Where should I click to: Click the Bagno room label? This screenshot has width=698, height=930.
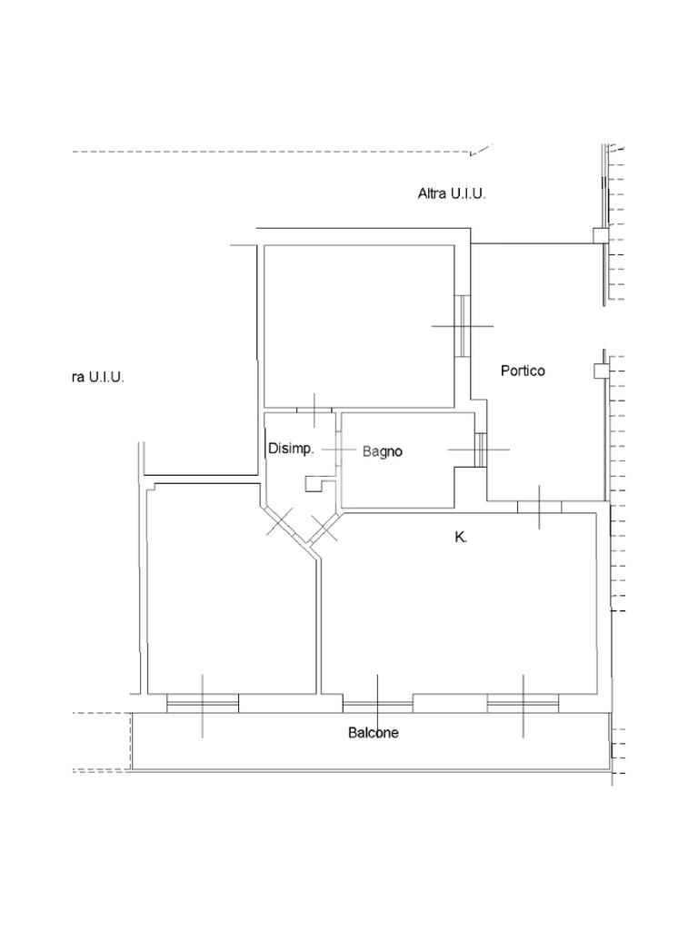383,452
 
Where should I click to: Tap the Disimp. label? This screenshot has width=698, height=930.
291,449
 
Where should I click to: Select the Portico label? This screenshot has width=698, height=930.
523,371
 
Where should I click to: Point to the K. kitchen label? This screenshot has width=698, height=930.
461,538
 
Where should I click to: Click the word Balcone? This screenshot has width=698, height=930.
374,733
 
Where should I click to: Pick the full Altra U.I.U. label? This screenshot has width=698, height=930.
452,193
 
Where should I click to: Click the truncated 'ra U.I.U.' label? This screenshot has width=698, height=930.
98,377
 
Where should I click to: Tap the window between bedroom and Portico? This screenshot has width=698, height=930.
463,326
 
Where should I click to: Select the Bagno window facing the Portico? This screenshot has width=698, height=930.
480,450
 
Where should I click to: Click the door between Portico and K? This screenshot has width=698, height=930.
539,507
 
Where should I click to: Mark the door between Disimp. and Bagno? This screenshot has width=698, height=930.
338,450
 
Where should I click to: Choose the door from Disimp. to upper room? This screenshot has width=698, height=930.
314,410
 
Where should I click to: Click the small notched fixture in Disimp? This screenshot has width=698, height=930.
314,484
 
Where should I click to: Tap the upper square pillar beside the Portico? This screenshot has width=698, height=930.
600,236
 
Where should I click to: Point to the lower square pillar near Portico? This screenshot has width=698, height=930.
600,371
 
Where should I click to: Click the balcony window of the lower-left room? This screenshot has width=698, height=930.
203,703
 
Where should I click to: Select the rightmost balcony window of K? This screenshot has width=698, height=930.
523,703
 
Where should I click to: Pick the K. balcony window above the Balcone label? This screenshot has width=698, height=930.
378,705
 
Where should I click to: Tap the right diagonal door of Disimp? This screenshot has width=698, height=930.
324,528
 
